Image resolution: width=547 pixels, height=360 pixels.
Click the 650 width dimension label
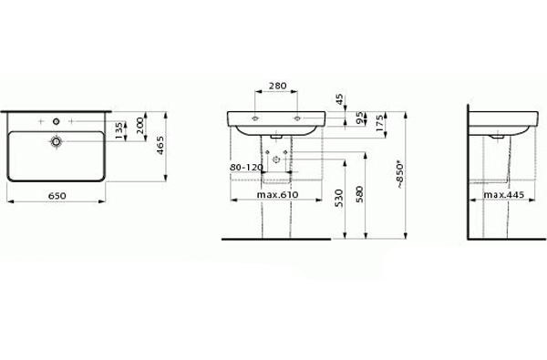(57, 196)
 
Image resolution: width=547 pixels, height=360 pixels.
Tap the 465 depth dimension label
(160, 146)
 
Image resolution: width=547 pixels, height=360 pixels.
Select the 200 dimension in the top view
(139, 126)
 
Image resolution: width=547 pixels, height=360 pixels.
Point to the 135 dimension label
(119, 130)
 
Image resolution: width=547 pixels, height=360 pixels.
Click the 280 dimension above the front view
(278, 86)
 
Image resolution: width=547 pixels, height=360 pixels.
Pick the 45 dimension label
(339, 99)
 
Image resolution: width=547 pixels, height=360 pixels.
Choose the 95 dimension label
(360, 118)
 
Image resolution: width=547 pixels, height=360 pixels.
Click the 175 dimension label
(380, 123)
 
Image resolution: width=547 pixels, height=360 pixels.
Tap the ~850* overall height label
(400, 174)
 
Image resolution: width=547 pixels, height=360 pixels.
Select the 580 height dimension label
(360, 195)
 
